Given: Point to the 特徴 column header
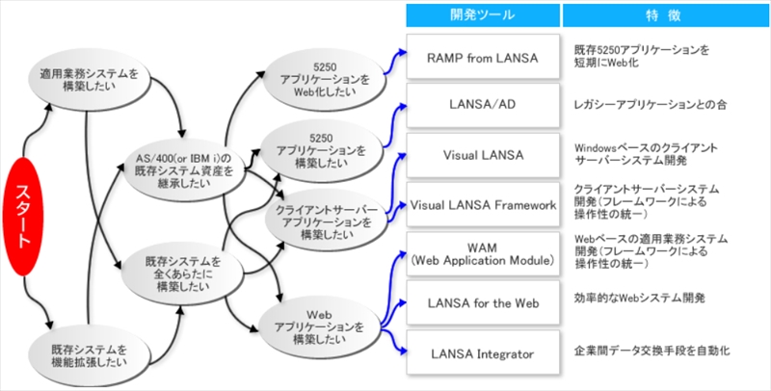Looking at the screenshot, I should click(664, 14).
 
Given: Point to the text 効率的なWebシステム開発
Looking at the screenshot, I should click(641, 300).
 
